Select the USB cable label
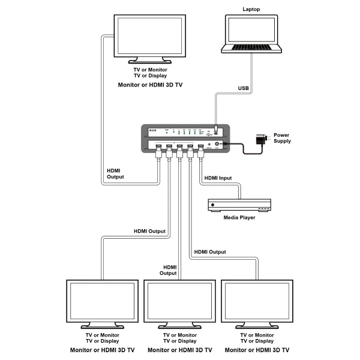[x=244, y=88]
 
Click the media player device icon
[x=239, y=205]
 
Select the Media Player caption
[x=239, y=217]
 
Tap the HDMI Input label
[x=217, y=178]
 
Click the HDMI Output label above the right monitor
[x=209, y=252]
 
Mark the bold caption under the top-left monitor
[x=150, y=86]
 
